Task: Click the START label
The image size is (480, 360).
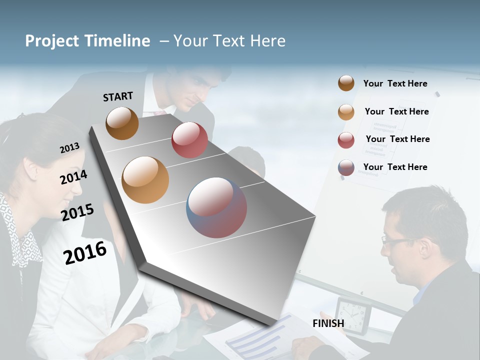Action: pos(118,96)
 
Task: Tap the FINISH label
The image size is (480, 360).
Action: pos(328,323)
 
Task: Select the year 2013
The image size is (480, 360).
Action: pos(69,148)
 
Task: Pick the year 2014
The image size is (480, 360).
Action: pos(73,177)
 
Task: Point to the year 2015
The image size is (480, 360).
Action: pos(77,212)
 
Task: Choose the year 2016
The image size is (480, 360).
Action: pos(85,252)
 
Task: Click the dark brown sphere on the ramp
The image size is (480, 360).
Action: pos(122,123)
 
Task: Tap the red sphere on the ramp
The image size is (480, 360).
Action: pos(189,140)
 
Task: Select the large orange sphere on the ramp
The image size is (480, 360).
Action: pos(145,180)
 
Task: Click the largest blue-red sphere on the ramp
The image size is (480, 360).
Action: pos(216,207)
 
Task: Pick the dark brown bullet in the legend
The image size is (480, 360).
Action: pos(346,83)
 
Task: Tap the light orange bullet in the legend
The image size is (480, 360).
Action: pos(346,112)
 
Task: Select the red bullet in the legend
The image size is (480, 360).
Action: pos(346,140)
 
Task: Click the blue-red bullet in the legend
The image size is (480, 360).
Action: pos(346,167)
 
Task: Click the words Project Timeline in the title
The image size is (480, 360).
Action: pos(87,41)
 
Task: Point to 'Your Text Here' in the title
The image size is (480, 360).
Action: pos(229,41)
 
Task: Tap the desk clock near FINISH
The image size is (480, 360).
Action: pos(353,315)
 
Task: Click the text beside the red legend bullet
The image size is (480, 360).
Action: pos(397,139)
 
